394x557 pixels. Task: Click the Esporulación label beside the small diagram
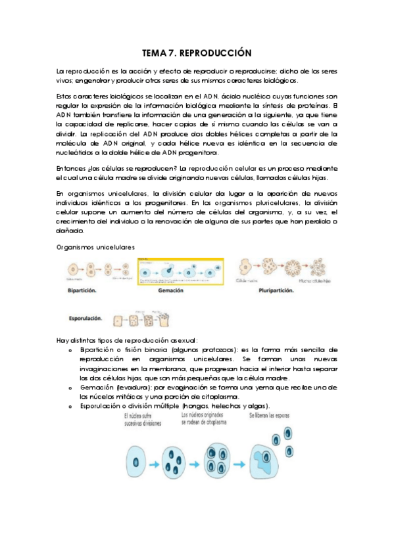coord(86,319)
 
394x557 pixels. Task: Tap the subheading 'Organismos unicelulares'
coord(95,247)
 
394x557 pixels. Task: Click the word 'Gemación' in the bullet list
coord(97,388)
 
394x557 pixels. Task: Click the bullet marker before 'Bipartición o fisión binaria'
coord(71,351)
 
